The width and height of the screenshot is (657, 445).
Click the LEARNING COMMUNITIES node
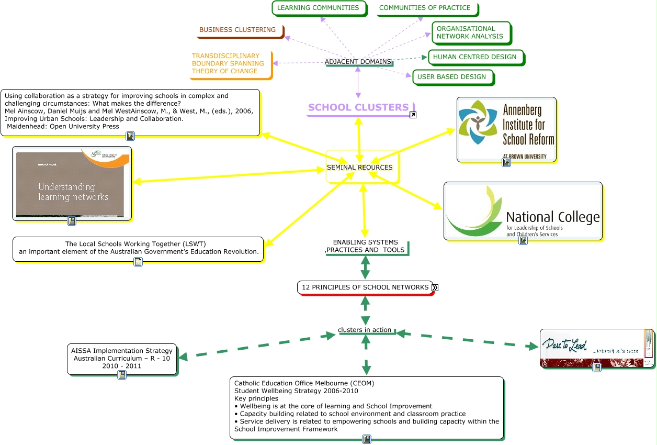point(318,8)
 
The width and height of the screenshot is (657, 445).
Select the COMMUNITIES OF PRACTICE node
point(425,8)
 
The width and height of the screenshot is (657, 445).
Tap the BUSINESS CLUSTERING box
point(239,30)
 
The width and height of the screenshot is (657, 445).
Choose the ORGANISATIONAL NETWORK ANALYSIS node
point(470,32)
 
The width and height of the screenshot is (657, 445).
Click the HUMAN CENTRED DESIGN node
point(474,57)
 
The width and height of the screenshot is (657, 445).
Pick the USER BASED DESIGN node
point(451,77)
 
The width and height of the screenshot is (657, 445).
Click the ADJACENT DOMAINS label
point(358,62)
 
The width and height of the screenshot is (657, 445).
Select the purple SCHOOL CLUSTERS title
point(358,107)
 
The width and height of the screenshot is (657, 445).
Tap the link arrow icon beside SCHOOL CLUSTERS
point(413,115)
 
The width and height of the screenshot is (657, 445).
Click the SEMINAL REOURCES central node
point(361,167)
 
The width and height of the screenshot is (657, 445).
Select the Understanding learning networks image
point(72,183)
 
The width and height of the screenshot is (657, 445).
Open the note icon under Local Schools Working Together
point(138,262)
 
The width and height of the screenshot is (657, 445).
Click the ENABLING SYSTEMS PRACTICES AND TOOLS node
point(366,246)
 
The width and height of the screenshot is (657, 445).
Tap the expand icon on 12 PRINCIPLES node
point(435,287)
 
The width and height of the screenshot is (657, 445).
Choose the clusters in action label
point(365,330)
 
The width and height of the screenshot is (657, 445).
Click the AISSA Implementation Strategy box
point(122,358)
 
